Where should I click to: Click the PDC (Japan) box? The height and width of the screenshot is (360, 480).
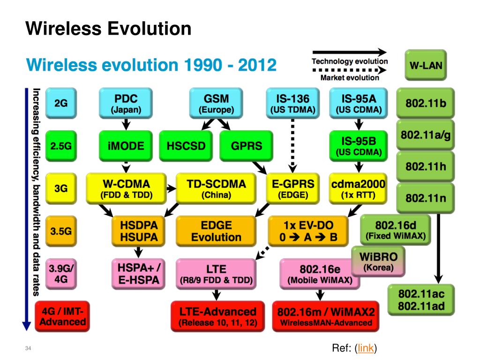[x=126, y=104]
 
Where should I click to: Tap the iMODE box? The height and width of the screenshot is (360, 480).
[x=126, y=145]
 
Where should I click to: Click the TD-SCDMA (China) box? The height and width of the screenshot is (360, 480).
[x=216, y=189]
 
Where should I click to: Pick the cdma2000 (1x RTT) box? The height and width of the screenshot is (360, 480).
[x=358, y=189]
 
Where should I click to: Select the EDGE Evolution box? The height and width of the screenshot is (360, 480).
[x=216, y=231]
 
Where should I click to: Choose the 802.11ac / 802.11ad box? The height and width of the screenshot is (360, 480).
[x=421, y=300]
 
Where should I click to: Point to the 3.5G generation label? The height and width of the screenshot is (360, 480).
[x=61, y=231]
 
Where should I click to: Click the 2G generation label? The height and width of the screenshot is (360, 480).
[x=61, y=104]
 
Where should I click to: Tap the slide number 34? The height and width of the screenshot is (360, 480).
[x=28, y=349]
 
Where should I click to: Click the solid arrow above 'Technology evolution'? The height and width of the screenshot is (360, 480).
[x=349, y=53]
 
